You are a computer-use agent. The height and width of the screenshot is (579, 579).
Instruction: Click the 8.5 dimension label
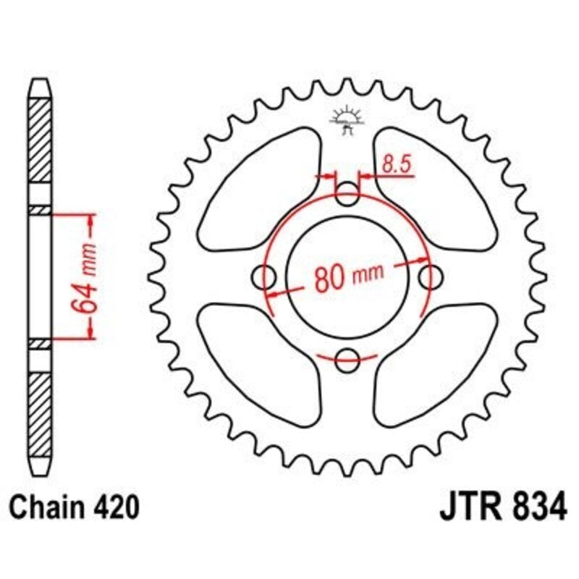point(396,164)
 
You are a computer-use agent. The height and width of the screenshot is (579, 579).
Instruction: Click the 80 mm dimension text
point(348,277)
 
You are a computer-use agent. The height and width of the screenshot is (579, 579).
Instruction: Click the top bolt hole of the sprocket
point(348,193)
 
